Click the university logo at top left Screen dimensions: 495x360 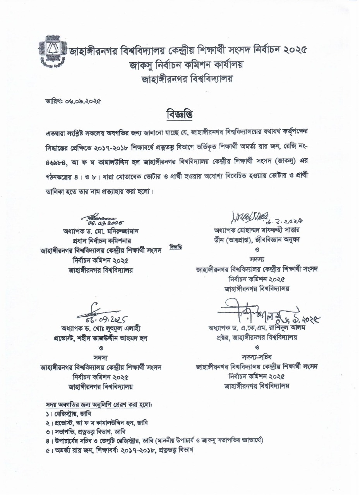pos(53,51)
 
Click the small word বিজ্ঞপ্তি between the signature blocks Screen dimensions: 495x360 pos(175,246)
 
